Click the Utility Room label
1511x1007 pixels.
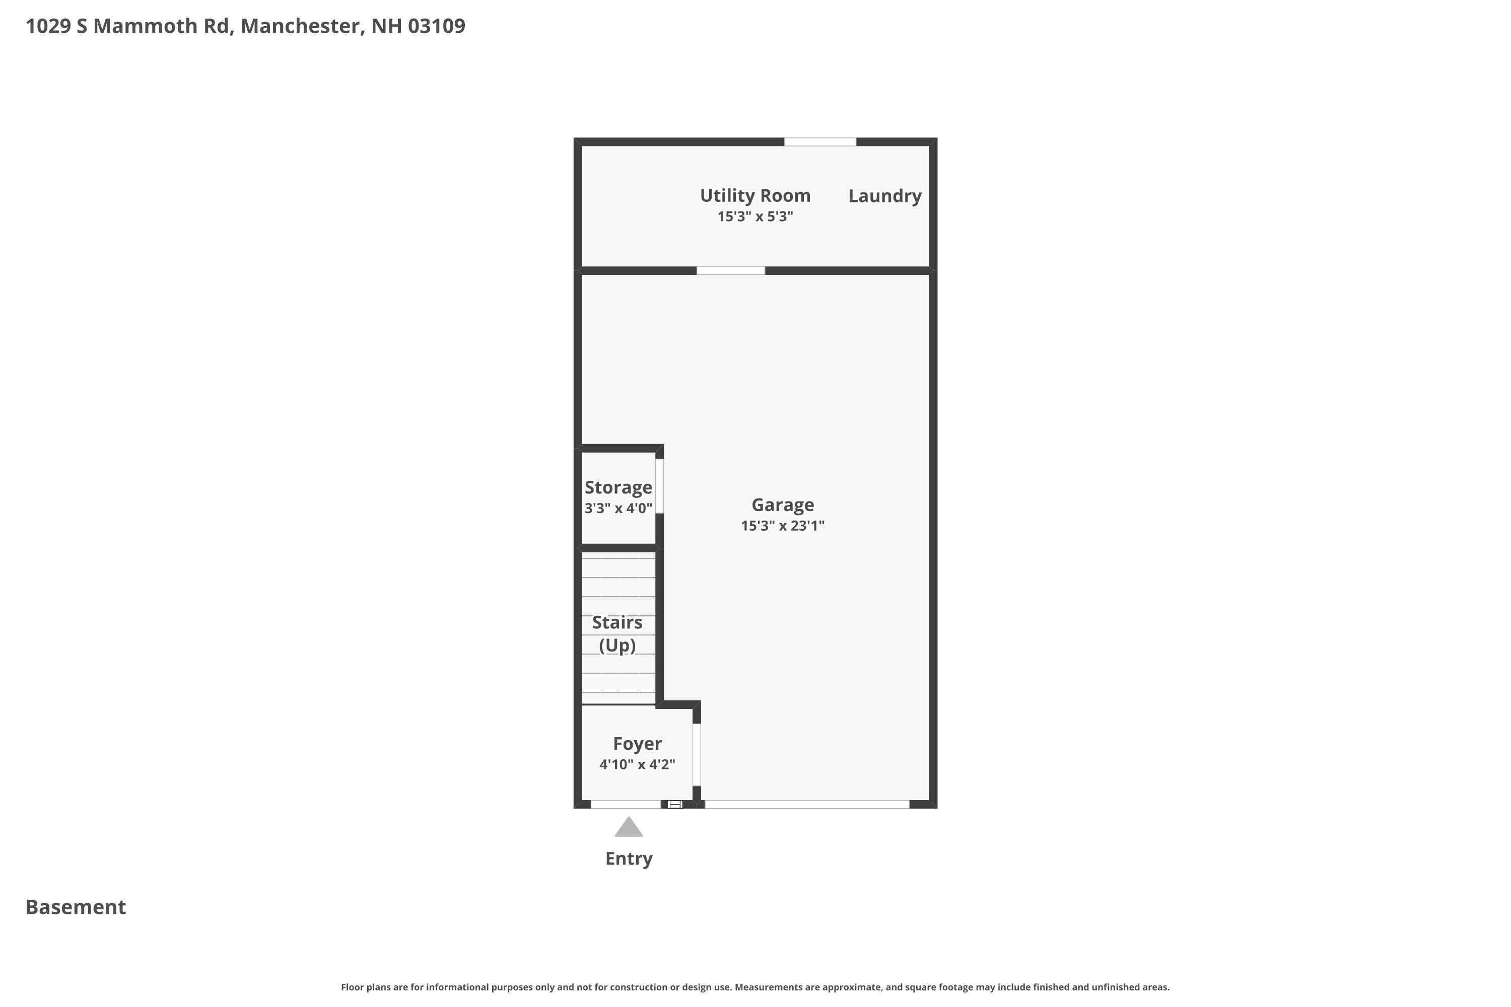click(x=755, y=195)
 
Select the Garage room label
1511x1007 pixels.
click(x=783, y=505)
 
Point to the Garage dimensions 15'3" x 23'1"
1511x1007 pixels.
click(x=783, y=525)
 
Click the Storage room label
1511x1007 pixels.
click(x=618, y=487)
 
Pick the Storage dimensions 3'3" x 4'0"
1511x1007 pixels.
click(x=618, y=508)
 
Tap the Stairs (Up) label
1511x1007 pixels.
click(x=617, y=633)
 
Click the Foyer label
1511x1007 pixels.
click(x=637, y=743)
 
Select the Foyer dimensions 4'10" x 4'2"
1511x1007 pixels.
click(x=637, y=764)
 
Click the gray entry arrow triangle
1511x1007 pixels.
click(x=628, y=828)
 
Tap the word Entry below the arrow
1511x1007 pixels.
click(x=629, y=858)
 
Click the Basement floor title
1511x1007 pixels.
click(x=76, y=907)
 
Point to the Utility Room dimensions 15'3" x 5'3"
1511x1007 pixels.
click(x=755, y=217)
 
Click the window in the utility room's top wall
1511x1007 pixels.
click(x=820, y=142)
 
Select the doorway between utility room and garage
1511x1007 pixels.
click(x=731, y=271)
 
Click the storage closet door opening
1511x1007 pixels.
click(x=660, y=486)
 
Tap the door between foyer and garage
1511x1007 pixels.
click(x=697, y=755)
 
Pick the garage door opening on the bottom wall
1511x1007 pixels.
click(x=807, y=804)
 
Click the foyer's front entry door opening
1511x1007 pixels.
click(x=626, y=804)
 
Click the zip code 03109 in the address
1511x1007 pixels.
click(x=437, y=26)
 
